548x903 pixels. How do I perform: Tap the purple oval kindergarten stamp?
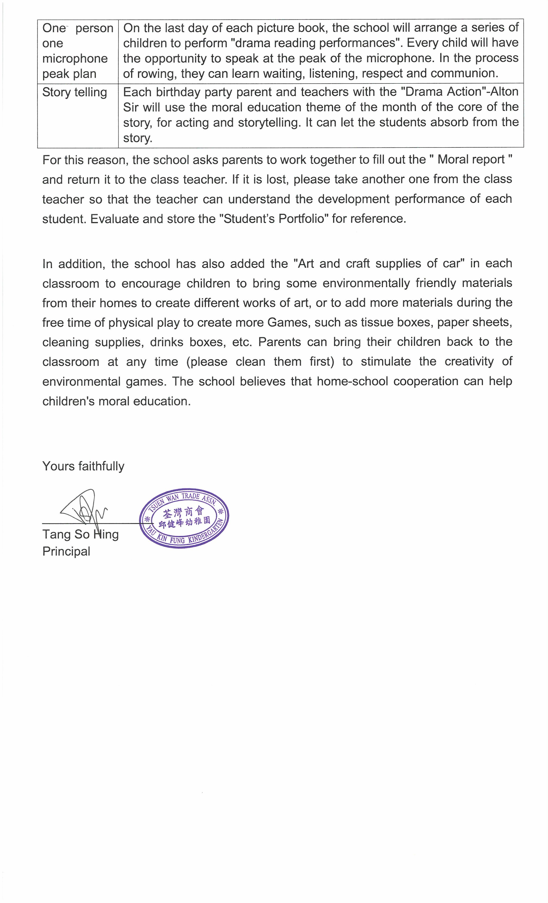pyautogui.click(x=184, y=518)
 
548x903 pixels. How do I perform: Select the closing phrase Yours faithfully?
pyautogui.click(x=83, y=466)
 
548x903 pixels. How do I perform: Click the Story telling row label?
pyautogui.click(x=74, y=92)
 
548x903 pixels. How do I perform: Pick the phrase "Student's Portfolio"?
pyautogui.click(x=274, y=219)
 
